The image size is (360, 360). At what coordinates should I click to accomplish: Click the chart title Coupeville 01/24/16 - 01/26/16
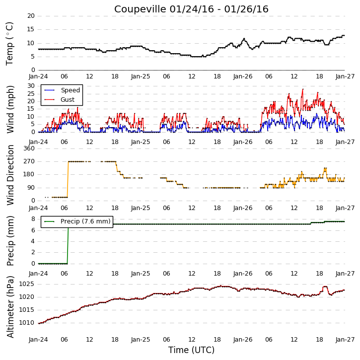click(191, 9)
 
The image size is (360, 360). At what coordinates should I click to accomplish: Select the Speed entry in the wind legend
click(70, 90)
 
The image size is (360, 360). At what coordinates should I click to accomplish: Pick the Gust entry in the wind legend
click(68, 100)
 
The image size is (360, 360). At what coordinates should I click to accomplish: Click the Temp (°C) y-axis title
click(9, 44)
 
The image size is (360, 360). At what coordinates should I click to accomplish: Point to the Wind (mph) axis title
click(10, 109)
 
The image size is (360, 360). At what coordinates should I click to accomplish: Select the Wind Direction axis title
click(10, 175)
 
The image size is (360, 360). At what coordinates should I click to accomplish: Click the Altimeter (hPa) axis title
click(10, 307)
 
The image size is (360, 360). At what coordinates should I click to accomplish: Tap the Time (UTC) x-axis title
click(191, 350)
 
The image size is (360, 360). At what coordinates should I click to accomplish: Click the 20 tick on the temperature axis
click(31, 16)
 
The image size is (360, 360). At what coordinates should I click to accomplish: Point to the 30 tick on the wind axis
click(31, 86)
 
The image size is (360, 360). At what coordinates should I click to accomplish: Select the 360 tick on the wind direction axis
click(29, 148)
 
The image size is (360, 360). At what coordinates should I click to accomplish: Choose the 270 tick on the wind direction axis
click(29, 161)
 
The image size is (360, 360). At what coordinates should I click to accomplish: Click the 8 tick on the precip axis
click(33, 219)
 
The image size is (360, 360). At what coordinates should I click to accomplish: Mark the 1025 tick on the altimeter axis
click(26, 284)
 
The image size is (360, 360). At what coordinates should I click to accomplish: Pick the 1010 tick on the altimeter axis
click(26, 323)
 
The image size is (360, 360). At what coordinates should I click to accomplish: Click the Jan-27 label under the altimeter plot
click(345, 340)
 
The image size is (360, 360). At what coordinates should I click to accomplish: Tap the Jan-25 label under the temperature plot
click(141, 76)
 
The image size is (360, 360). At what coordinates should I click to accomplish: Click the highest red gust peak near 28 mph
click(303, 89)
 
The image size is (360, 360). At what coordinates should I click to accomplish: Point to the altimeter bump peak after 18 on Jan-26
click(325, 287)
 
